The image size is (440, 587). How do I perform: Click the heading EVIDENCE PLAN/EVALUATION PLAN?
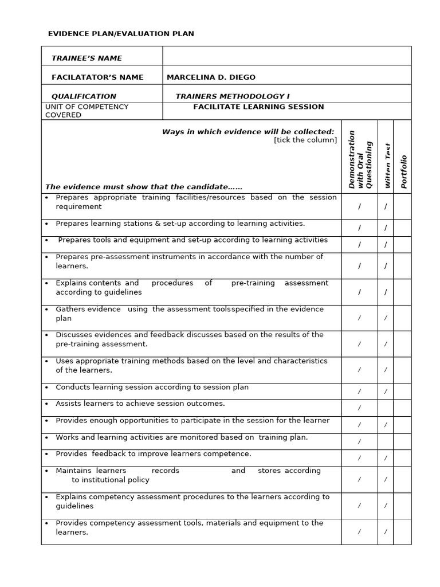click(x=121, y=34)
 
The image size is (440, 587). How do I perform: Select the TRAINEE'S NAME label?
click(x=87, y=58)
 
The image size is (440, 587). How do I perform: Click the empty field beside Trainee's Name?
click(x=286, y=56)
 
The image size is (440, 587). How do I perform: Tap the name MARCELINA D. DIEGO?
click(x=211, y=77)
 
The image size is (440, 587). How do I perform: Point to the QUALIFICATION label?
click(x=84, y=96)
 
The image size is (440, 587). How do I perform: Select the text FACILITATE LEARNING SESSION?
click(x=258, y=107)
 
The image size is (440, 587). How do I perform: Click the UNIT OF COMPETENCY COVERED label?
click(x=87, y=111)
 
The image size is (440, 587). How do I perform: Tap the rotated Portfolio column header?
click(x=404, y=171)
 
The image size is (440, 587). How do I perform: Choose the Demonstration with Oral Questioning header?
click(x=360, y=159)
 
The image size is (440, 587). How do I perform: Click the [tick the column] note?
click(x=305, y=140)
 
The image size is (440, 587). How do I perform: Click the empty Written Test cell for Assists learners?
click(x=386, y=408)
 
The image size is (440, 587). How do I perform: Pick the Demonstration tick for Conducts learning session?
click(x=360, y=392)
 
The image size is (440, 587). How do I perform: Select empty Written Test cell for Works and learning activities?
click(x=386, y=441)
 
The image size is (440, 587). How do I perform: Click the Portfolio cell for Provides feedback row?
click(x=402, y=458)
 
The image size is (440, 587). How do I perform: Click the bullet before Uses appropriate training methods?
click(x=46, y=361)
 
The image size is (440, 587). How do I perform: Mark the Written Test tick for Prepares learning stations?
click(x=386, y=228)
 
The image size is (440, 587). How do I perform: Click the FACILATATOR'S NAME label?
click(x=97, y=77)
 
